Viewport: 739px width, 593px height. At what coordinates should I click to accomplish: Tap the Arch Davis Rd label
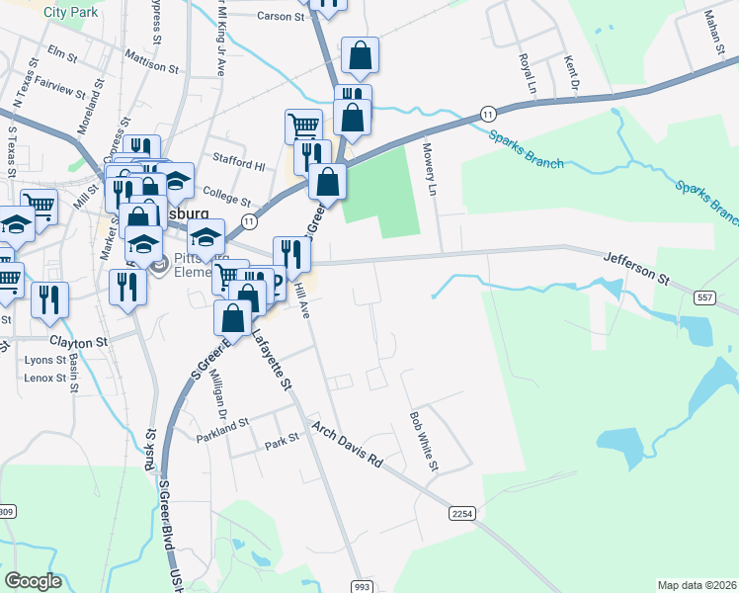[x=347, y=445]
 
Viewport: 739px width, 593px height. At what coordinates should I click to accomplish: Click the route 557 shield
[x=704, y=296]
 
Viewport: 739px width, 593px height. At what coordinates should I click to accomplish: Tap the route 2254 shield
[x=462, y=514]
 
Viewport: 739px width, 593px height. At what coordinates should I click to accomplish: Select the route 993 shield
[x=362, y=587]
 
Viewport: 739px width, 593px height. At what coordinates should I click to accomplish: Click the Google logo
[x=33, y=581]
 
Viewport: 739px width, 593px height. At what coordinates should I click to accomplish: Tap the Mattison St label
[x=151, y=68]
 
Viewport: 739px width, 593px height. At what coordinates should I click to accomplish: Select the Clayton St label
[x=78, y=342]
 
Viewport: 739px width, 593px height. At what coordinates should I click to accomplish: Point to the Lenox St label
[x=45, y=378]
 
